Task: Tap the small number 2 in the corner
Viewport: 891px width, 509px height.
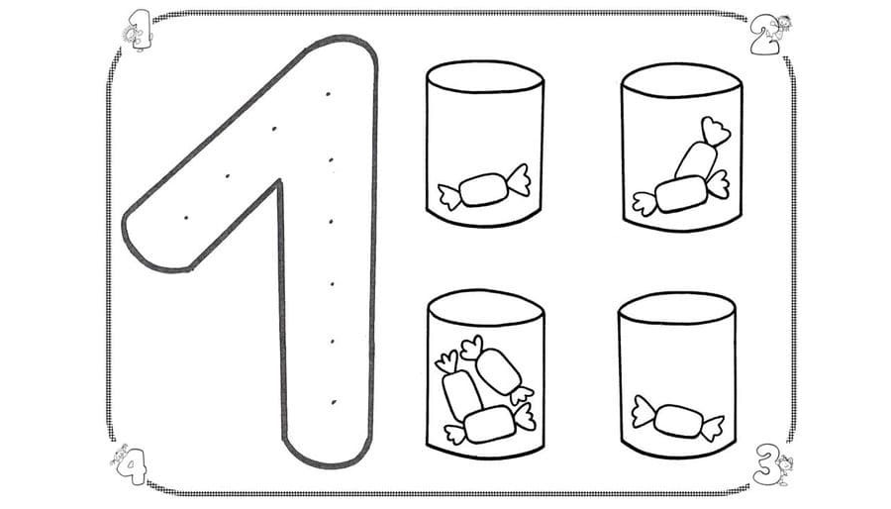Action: [763, 36]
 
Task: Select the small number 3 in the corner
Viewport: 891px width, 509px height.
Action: [766, 463]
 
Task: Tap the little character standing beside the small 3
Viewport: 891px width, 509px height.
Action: [784, 469]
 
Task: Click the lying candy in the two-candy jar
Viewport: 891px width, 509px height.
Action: [681, 194]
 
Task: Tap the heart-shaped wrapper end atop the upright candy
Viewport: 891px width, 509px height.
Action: [716, 131]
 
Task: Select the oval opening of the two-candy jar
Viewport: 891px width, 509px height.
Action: [681, 80]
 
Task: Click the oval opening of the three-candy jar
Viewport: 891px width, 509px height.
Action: [486, 307]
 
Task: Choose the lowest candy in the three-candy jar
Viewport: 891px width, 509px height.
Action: [490, 424]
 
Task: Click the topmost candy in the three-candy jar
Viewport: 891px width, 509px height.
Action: [497, 369]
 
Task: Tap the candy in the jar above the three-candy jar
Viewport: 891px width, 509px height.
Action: [484, 188]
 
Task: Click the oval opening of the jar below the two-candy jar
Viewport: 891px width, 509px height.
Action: [677, 308]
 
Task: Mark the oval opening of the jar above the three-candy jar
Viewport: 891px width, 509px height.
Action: [485, 76]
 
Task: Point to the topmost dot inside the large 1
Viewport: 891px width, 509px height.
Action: [329, 94]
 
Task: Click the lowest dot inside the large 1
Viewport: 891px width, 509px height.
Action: [334, 402]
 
